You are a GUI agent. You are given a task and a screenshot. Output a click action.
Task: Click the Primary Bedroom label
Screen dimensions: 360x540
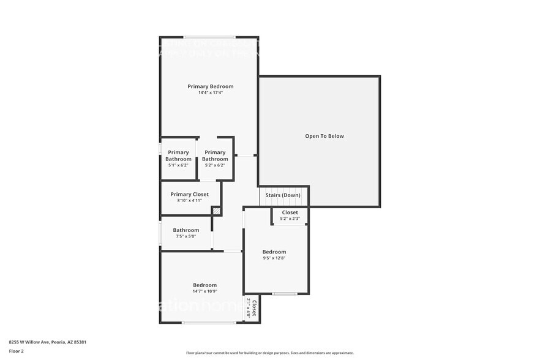pyautogui.click(x=210, y=86)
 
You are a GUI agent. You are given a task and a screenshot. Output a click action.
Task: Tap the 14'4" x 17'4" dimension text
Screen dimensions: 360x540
pyautogui.click(x=210, y=93)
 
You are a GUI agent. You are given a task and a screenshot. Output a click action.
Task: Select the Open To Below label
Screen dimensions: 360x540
pyautogui.click(x=324, y=136)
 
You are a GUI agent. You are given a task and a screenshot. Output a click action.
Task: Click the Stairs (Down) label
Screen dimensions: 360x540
pyautogui.click(x=282, y=195)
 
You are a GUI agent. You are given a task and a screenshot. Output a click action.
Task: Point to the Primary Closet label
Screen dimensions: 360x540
pyautogui.click(x=190, y=194)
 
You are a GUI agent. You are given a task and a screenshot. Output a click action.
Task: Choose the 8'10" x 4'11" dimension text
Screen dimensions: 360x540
pyautogui.click(x=190, y=201)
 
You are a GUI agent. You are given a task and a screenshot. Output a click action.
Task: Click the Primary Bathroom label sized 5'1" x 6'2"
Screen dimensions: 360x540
pyautogui.click(x=178, y=156)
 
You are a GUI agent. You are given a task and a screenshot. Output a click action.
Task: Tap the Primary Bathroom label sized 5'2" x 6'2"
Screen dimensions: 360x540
pyautogui.click(x=215, y=156)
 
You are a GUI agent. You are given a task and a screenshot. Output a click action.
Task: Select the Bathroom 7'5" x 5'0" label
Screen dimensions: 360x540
pyautogui.click(x=186, y=230)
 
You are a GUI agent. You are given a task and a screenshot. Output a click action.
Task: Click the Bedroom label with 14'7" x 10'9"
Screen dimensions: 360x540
pyautogui.click(x=204, y=285)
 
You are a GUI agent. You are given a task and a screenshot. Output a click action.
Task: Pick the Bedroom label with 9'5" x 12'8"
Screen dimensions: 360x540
pyautogui.click(x=274, y=252)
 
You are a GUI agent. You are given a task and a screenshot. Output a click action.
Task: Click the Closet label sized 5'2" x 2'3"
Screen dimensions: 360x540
pyautogui.click(x=290, y=212)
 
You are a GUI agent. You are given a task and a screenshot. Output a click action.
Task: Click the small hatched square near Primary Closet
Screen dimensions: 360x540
pyautogui.click(x=216, y=211)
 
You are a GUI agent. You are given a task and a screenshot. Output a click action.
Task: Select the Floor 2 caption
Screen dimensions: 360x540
pyautogui.click(x=16, y=351)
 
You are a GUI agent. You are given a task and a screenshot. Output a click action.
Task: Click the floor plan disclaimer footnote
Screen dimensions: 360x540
pyautogui.click(x=269, y=353)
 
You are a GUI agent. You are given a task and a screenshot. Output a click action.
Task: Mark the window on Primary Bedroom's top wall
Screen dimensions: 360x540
pyautogui.click(x=209, y=37)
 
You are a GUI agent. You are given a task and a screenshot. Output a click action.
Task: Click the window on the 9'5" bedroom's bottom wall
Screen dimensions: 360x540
pyautogui.click(x=285, y=294)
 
